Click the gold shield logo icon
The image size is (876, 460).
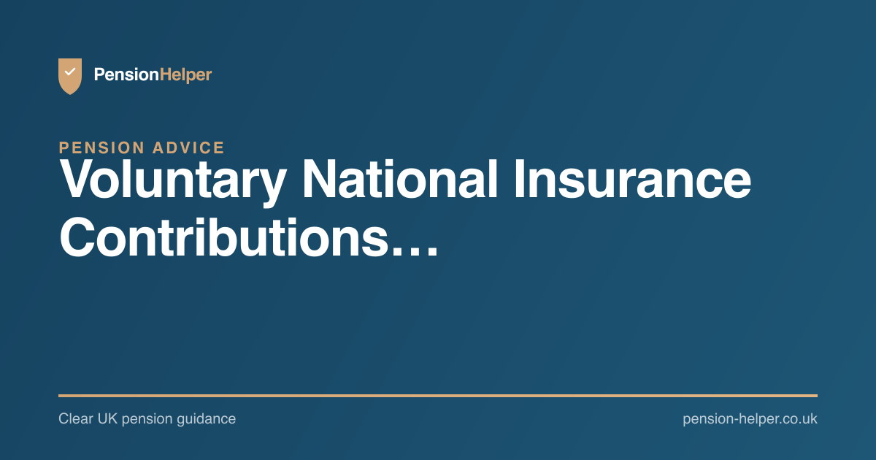pos(70,76)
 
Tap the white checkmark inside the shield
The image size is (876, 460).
pos(70,72)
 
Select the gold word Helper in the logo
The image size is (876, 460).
pos(185,74)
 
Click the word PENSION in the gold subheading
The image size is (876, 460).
pos(102,147)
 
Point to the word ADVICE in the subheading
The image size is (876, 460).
pos(188,147)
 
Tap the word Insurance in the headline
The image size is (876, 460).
pos(633,179)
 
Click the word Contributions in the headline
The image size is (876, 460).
pos(223,237)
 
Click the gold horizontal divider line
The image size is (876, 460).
pos(438,396)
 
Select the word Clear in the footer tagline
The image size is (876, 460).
pos(76,418)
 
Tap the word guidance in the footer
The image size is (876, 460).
pos(206,419)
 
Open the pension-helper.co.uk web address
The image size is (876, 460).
pos(750,419)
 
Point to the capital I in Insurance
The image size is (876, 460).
pos(519,179)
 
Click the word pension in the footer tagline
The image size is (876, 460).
pos(147,419)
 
